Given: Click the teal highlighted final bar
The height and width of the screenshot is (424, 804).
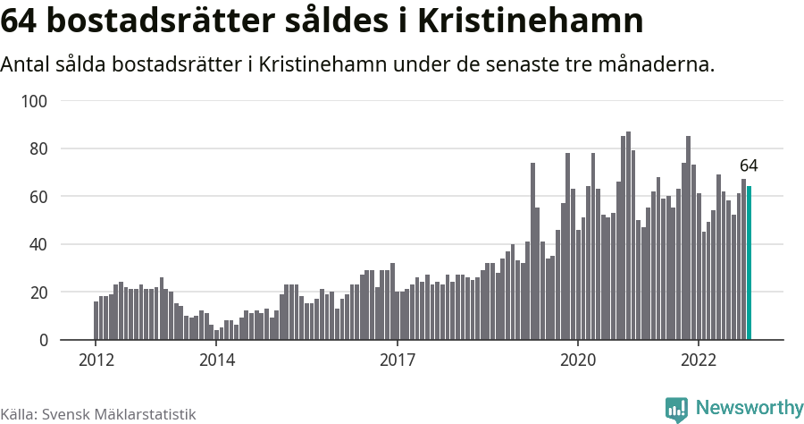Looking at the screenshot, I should pyautogui.click(x=750, y=263).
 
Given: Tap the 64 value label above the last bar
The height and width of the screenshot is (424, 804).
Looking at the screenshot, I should pyautogui.click(x=749, y=166).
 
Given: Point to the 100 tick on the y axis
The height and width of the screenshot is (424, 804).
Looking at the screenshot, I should pyautogui.click(x=34, y=101).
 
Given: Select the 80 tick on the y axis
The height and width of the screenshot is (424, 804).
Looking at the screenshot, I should pyautogui.click(x=38, y=148).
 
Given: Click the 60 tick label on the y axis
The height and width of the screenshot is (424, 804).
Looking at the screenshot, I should pyautogui.click(x=38, y=197).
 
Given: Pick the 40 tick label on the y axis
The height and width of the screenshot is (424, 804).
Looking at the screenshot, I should pyautogui.click(x=38, y=244).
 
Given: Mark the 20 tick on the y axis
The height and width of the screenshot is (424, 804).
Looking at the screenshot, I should pyautogui.click(x=38, y=293).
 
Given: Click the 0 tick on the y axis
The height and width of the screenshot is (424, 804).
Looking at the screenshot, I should pyautogui.click(x=41, y=340).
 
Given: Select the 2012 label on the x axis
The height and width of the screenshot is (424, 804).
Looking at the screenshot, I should pyautogui.click(x=96, y=360).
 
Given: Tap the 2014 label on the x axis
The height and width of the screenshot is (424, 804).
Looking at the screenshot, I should pyautogui.click(x=216, y=360).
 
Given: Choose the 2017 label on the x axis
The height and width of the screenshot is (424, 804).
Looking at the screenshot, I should pyautogui.click(x=397, y=360).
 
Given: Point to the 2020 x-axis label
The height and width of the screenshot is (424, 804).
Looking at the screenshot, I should pyautogui.click(x=578, y=360).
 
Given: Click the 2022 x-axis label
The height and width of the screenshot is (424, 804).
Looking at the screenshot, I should pyautogui.click(x=699, y=360).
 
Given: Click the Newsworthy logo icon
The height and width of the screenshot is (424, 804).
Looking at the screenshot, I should pyautogui.click(x=676, y=409).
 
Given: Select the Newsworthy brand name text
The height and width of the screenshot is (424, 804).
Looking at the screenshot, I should pyautogui.click(x=749, y=408).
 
